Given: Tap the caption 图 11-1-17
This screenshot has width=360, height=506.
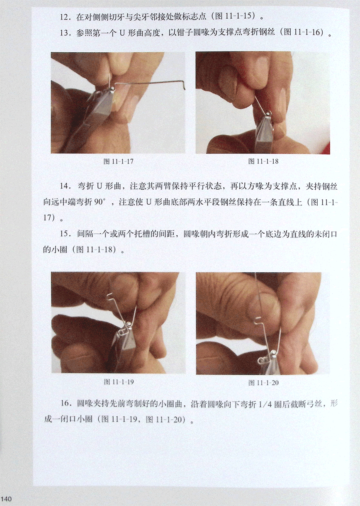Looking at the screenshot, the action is tap(118, 161).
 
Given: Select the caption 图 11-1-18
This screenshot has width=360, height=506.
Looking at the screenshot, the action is tap(263, 161).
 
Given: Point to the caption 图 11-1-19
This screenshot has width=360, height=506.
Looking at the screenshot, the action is tap(119, 382).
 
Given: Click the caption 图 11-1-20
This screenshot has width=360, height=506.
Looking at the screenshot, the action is tap(263, 383).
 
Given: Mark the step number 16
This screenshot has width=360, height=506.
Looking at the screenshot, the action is tap(64, 403).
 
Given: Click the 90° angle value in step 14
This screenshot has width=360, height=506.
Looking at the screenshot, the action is tap(100, 202).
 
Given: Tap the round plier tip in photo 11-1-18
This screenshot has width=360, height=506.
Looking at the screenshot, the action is tap(269, 113).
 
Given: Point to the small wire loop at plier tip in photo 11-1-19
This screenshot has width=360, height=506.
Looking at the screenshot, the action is tap(129, 324).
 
